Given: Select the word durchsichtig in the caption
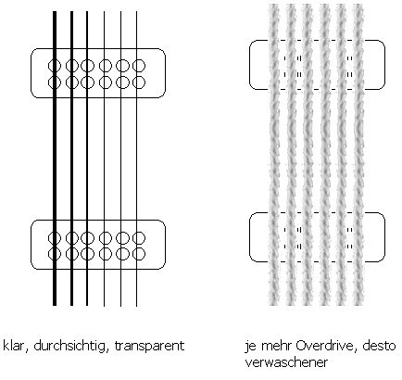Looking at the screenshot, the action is click(x=69, y=347).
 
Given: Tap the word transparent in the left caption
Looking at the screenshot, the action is click(x=149, y=347).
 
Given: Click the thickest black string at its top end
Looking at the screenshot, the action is click(x=55, y=12).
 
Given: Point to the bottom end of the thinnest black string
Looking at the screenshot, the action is click(x=136, y=306).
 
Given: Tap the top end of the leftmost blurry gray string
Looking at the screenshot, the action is click(x=274, y=5).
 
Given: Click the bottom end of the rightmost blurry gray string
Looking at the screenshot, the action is click(x=358, y=305).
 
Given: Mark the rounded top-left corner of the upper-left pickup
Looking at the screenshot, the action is click(x=33, y=51).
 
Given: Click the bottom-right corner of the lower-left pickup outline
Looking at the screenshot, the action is click(x=163, y=267).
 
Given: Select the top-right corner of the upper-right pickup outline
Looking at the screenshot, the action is click(x=383, y=43).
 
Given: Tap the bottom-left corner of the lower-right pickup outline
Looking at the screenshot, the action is click(x=252, y=260).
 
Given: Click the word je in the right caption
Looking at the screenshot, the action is click(x=249, y=347).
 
